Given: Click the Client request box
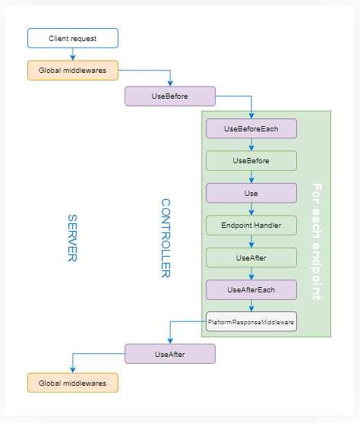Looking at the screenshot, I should point(73,38).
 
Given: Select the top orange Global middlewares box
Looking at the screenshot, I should point(73,70).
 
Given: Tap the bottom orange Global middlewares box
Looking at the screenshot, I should point(73,381).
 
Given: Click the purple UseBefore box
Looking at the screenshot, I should point(170,96).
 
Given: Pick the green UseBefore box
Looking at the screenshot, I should point(251,160).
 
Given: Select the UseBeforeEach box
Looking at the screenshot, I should point(251,128).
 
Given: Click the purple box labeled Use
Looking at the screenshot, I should point(251,193).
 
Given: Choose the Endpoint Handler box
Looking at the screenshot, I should point(251,225).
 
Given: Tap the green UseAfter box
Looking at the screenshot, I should point(251,257).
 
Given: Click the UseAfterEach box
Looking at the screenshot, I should point(251,289).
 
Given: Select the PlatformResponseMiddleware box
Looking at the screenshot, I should point(251,322).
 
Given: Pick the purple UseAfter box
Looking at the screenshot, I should point(170,354).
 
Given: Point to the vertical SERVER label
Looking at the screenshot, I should point(73,238).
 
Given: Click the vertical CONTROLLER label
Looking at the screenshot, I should point(166,238).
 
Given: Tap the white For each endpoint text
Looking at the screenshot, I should point(317,241).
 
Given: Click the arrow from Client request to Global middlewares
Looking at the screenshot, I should point(73,54).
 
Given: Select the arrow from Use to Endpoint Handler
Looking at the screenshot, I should point(251,209).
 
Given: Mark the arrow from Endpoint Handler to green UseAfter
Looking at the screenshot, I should point(251,241).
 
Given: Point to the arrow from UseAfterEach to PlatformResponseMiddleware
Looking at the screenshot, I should point(251,306).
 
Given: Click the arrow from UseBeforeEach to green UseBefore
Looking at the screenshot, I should point(251,144).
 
